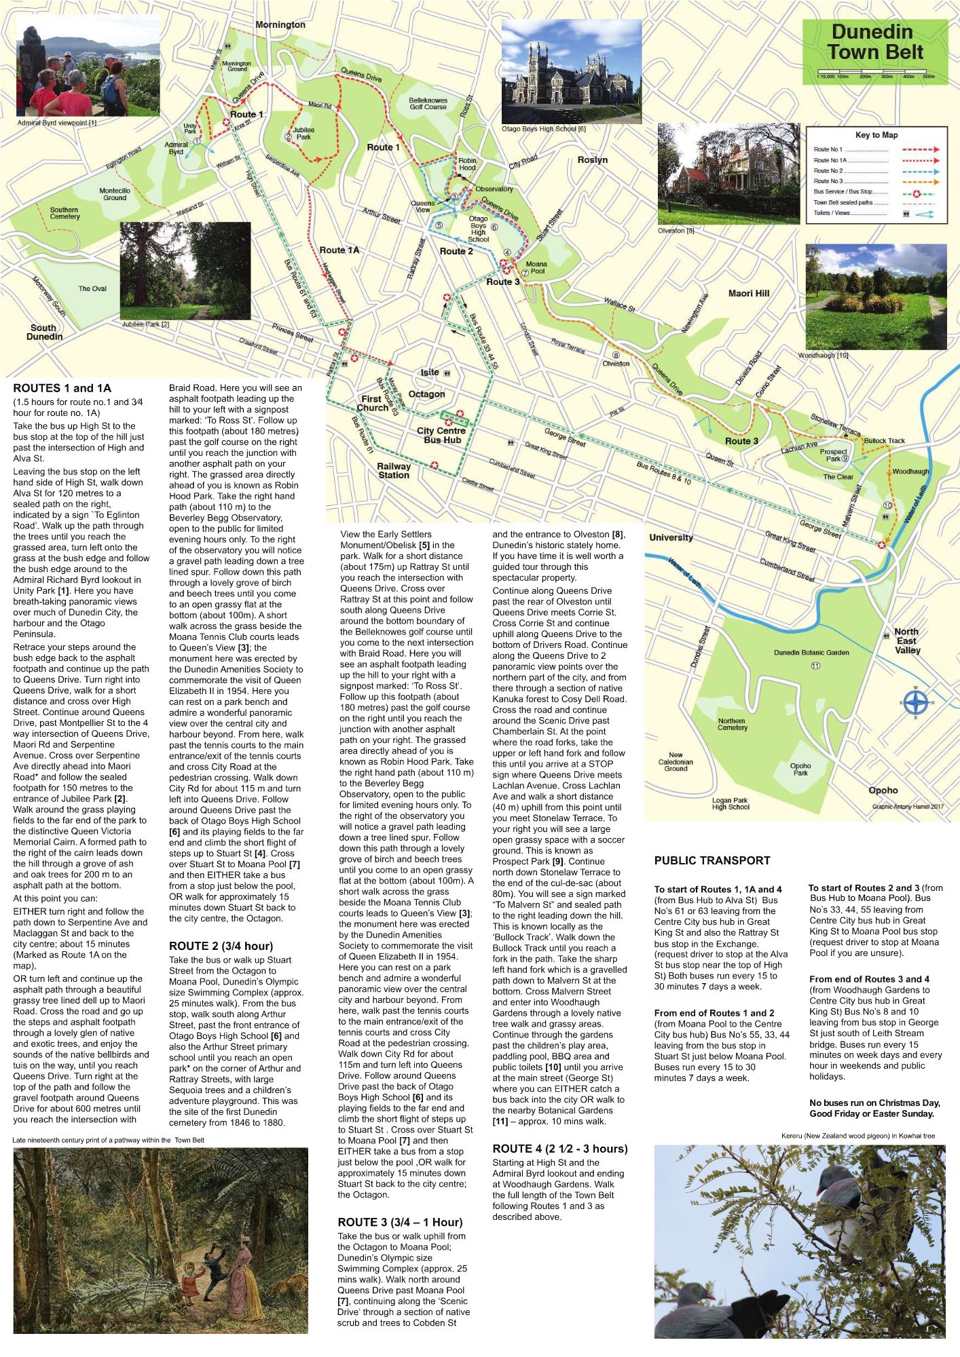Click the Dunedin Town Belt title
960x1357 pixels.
pos(874,42)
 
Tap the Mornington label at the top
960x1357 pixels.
pos(280,25)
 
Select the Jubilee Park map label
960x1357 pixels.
pos(303,133)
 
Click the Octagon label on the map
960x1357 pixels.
pos(426,394)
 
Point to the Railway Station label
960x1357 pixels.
pos(394,471)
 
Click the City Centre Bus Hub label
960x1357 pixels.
pos(441,436)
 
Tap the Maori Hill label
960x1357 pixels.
pos(748,293)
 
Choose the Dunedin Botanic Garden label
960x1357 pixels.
pos(811,653)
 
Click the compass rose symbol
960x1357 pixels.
pos(916,703)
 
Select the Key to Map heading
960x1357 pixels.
pos(876,135)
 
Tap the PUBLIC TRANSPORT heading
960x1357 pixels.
pos(712,860)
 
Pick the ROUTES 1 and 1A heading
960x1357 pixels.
pos(62,388)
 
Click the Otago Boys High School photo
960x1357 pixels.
pos(571,71)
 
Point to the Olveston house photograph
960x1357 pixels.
pos(728,174)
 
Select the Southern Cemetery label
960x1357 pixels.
pos(64,213)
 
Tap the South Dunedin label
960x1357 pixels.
pos(44,332)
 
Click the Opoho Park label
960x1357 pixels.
pos(800,769)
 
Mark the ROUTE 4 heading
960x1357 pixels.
pos(559,1149)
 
